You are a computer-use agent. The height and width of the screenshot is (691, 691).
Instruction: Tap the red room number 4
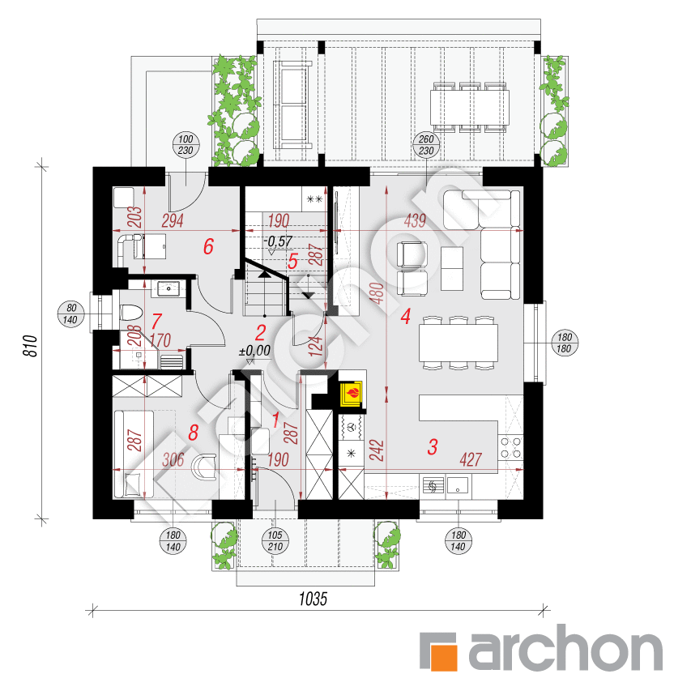coord(405,316)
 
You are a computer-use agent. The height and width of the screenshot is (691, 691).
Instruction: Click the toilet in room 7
coord(130,313)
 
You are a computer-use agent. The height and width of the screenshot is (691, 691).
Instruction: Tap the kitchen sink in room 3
coord(459,485)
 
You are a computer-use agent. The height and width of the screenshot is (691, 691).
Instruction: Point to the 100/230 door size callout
coord(183,144)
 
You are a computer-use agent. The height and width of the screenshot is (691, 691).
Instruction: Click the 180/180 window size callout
coord(563,343)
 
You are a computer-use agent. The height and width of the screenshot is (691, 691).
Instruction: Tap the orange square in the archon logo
coord(440,652)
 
